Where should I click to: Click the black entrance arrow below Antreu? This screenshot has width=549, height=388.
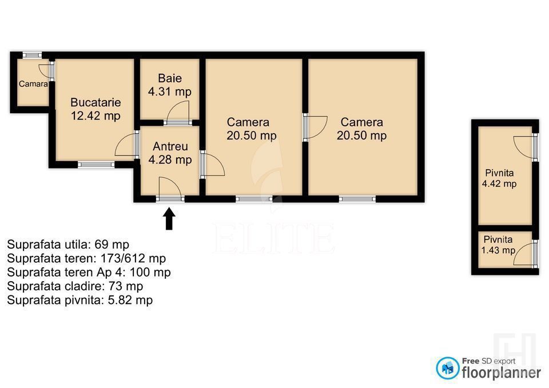point(169,219)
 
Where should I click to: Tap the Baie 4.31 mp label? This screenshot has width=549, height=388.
point(169,85)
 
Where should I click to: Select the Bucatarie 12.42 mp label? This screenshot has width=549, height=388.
point(96,109)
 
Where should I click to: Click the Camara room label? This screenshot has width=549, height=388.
point(33,84)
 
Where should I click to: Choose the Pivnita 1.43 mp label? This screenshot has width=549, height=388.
point(498,245)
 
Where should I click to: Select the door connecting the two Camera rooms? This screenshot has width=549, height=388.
point(315,127)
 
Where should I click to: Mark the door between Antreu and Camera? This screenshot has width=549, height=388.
point(213,165)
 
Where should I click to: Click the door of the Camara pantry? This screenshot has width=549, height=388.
point(46,71)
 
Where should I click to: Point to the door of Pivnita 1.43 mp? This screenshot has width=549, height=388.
point(525,253)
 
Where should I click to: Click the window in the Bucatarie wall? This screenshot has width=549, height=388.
point(96,165)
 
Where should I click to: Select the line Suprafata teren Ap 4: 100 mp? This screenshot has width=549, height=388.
point(89,272)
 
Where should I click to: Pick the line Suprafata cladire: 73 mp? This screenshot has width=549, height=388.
point(75,286)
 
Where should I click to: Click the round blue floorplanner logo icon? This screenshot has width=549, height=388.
point(448,369)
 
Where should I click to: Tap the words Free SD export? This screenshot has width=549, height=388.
point(488,361)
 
